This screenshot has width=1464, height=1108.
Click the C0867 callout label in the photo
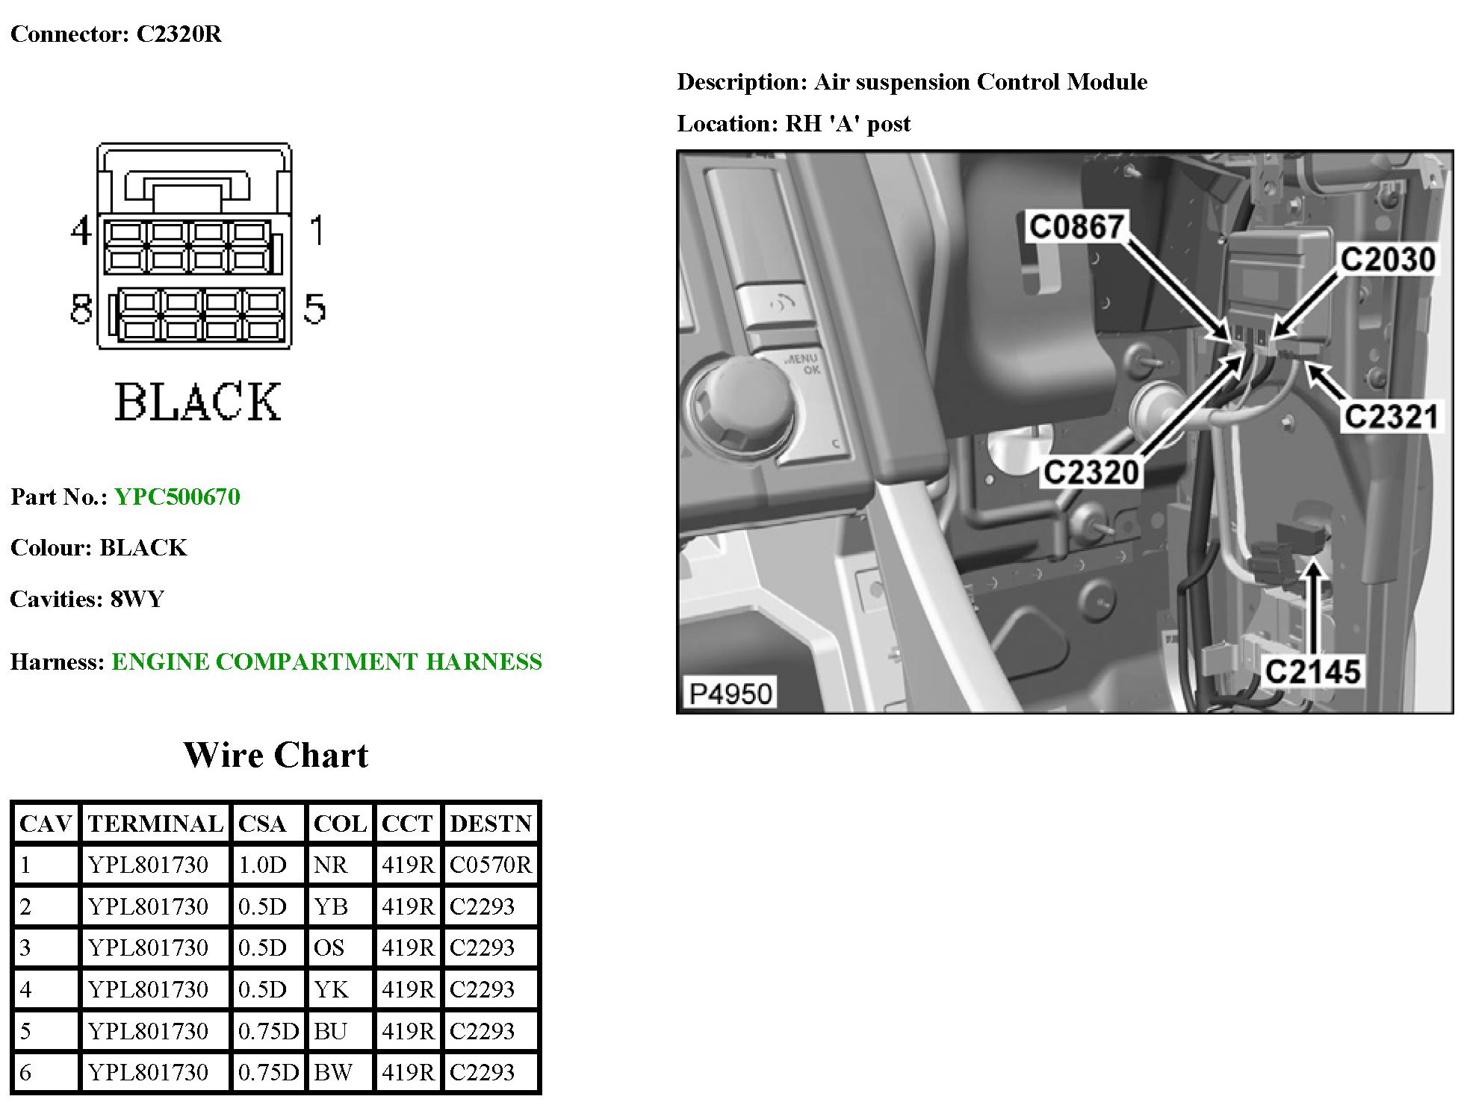(1076, 226)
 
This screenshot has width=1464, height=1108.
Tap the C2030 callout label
(1387, 260)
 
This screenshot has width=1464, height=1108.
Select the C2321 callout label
(1391, 417)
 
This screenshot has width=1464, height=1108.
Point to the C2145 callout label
(1312, 671)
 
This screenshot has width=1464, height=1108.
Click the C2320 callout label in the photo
(1091, 472)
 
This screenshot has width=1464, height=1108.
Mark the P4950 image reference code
(730, 694)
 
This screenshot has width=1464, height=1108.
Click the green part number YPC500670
(177, 497)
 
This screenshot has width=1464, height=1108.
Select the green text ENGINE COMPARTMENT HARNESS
(326, 662)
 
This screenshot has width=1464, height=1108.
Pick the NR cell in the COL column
(331, 865)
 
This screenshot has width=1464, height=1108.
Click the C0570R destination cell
(491, 865)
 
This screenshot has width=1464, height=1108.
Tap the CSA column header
(262, 824)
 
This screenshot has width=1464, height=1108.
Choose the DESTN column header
(491, 824)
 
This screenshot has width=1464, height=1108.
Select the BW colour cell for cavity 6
(333, 1073)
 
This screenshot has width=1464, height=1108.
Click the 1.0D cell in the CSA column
(262, 865)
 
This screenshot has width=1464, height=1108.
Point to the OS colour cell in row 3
(329, 948)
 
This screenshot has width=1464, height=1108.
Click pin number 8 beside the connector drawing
(81, 309)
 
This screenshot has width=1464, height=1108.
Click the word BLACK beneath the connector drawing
(197, 402)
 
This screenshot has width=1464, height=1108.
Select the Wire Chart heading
(276, 756)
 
